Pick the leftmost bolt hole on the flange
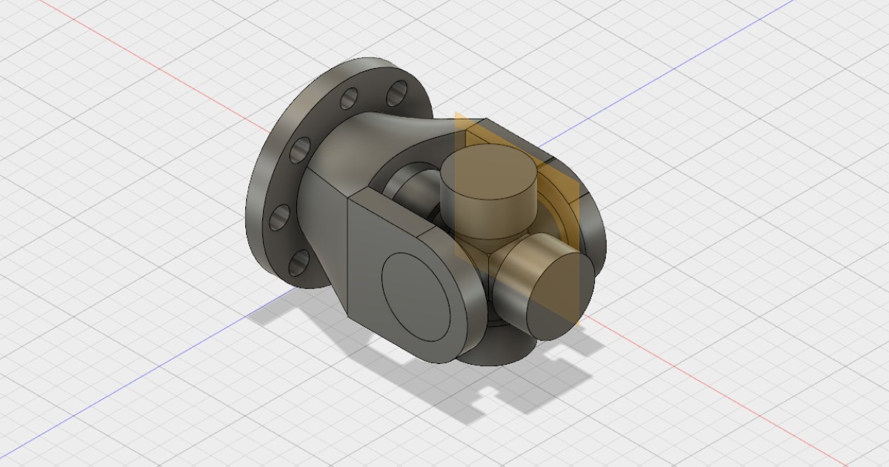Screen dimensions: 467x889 (x=280, y=217)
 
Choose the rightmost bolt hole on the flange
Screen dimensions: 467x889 (x=398, y=93)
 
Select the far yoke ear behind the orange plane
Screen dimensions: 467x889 (x=585, y=215)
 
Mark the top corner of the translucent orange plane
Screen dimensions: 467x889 (x=457, y=115)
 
